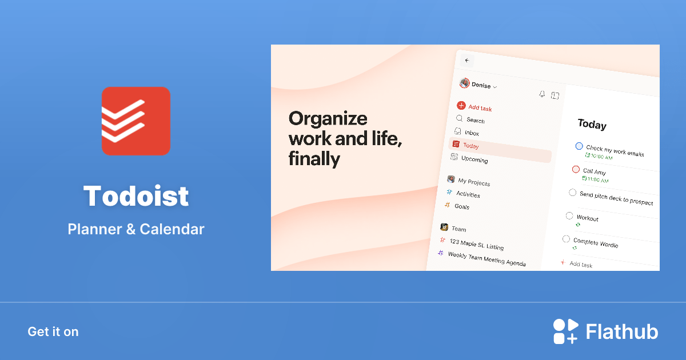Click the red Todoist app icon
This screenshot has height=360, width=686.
pyautogui.click(x=135, y=121)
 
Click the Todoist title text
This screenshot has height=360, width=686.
pyautogui.click(x=136, y=196)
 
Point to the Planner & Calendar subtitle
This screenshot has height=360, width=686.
pyautogui.click(x=136, y=229)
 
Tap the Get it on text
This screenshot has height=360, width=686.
pyautogui.click(x=53, y=331)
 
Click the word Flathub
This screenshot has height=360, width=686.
pyautogui.click(x=622, y=332)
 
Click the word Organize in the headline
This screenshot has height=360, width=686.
pyautogui.click(x=328, y=118)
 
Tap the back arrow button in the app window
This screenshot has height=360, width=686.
pyautogui.click(x=467, y=61)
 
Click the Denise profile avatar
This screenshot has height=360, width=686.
pyautogui.click(x=464, y=83)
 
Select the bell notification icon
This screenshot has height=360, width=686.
pyautogui.click(x=542, y=94)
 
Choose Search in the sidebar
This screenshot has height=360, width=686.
pyautogui.click(x=475, y=120)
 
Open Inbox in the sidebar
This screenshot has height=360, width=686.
pyautogui.click(x=472, y=133)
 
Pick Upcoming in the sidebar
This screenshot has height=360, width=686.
pyautogui.click(x=474, y=159)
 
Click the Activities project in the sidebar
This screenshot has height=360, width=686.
pyautogui.click(x=468, y=194)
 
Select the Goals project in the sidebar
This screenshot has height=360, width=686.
pyautogui.click(x=461, y=206)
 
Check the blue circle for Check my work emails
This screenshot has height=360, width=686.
pyautogui.click(x=579, y=146)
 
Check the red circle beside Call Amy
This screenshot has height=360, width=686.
pyautogui.click(x=576, y=169)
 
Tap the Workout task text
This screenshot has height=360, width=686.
pyautogui.click(x=587, y=218)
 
